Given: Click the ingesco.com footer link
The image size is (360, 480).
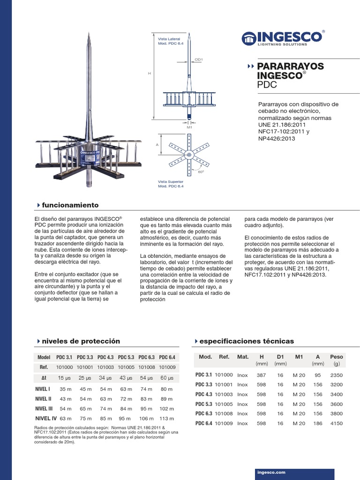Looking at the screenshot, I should [271, 473].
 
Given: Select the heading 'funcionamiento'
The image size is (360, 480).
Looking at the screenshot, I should [70, 205].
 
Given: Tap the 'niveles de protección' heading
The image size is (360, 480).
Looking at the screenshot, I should [81, 341].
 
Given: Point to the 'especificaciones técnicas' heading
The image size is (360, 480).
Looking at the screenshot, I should [246, 341].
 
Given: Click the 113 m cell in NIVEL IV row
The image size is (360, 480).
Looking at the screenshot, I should [167, 419].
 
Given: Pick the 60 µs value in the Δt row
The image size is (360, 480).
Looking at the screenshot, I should [167, 378].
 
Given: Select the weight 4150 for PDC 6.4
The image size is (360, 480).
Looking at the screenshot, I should [336, 423].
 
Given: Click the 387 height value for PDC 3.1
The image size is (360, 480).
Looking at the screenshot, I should [261, 375].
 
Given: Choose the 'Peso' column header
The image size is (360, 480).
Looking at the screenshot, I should [336, 357].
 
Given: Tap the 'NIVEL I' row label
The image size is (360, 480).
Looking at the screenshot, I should [43, 389].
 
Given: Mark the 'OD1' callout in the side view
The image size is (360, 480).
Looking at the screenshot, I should [198, 60].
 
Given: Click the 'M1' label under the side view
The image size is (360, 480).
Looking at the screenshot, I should [189, 127].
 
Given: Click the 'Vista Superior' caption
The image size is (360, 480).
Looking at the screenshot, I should [170, 181].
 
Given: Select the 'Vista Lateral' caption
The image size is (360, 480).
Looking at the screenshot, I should [169, 39].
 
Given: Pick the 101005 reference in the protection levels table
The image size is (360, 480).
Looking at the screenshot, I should [126, 367].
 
